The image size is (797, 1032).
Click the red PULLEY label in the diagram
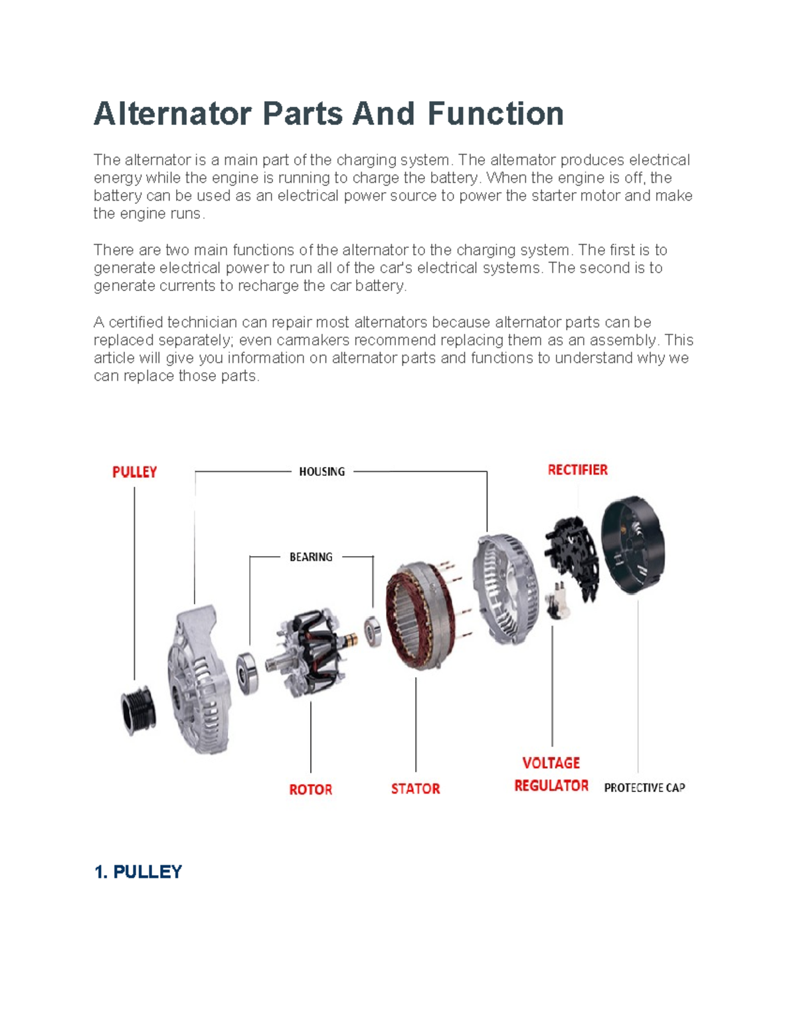134,472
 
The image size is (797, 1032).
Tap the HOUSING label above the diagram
321,472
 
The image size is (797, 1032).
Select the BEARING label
311,557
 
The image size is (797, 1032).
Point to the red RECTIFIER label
577,470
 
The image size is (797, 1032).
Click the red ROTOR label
310,789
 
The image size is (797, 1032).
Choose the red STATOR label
415,789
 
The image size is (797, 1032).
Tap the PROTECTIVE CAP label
644,787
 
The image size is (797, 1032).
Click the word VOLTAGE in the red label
551,763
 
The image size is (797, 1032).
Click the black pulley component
138,710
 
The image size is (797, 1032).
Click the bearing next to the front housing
248,672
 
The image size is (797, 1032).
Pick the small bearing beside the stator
373,631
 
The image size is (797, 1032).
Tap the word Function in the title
495,114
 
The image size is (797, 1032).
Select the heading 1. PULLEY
138,872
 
